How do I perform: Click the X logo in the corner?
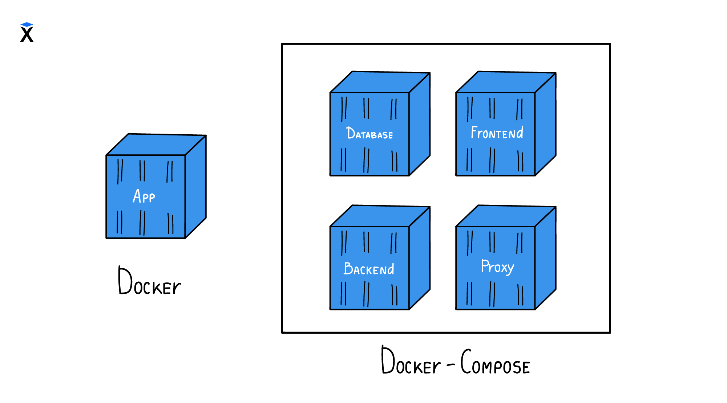click(27, 34)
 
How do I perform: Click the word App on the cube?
click(144, 196)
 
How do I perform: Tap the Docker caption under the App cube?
click(149, 281)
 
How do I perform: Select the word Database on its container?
click(369, 133)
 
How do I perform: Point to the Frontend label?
click(497, 133)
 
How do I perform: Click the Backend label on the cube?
click(369, 269)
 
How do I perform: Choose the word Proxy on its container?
click(497, 267)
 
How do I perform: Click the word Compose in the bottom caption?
click(495, 362)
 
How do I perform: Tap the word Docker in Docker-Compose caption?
click(411, 362)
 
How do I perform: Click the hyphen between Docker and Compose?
click(451, 365)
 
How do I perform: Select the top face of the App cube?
click(156, 144)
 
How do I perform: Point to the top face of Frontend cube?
click(506, 82)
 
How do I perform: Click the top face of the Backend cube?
click(380, 216)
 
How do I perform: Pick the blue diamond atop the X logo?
click(27, 24)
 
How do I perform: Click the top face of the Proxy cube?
click(506, 216)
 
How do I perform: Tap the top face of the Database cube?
click(380, 82)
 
